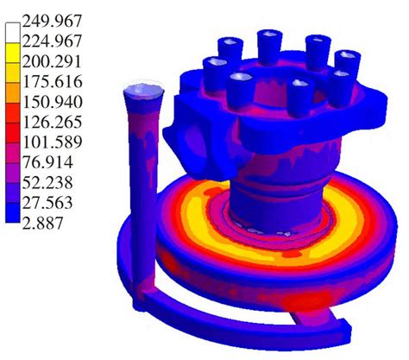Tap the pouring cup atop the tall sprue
143,91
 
